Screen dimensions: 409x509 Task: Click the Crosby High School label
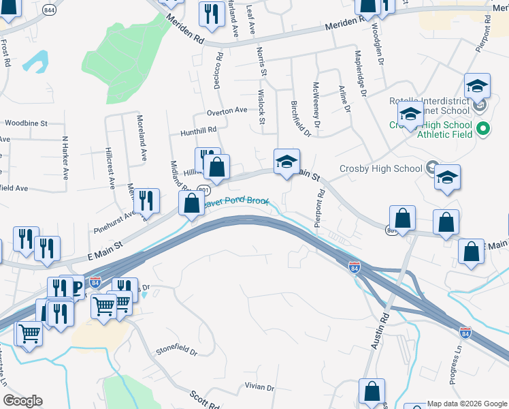point(380,169)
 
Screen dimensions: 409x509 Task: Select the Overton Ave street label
point(227,110)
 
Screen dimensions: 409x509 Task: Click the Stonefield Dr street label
point(176,352)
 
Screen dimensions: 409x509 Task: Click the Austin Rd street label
point(380,331)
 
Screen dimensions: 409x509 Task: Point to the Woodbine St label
point(26,123)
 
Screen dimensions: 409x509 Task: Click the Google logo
point(22,401)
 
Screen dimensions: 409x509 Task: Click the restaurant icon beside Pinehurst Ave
point(146,200)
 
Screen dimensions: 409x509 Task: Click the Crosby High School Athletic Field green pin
point(483,128)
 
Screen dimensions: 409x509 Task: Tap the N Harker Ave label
point(65,157)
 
